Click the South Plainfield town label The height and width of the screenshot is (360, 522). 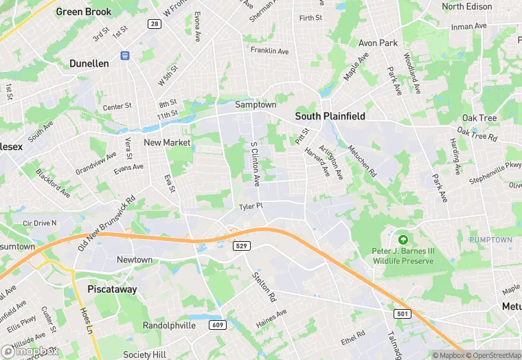click(x=330, y=116)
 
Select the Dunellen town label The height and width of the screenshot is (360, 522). click(x=89, y=63)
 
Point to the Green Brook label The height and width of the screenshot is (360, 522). click(x=83, y=12)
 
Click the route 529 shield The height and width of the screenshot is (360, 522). click(x=240, y=245)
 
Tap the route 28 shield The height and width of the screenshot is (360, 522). click(x=154, y=24)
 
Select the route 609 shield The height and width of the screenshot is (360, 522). click(x=217, y=324)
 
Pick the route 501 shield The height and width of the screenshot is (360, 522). click(x=402, y=313)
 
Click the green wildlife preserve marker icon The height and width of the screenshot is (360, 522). click(x=403, y=240)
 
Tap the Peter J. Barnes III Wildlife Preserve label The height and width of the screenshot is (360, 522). click(x=403, y=256)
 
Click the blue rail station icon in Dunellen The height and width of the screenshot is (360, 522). click(x=125, y=55)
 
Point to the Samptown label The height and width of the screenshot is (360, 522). click(x=256, y=104)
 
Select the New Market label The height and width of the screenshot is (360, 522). click(x=167, y=142)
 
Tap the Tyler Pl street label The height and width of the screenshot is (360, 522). click(x=251, y=206)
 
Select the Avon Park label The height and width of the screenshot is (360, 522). click(x=378, y=43)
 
